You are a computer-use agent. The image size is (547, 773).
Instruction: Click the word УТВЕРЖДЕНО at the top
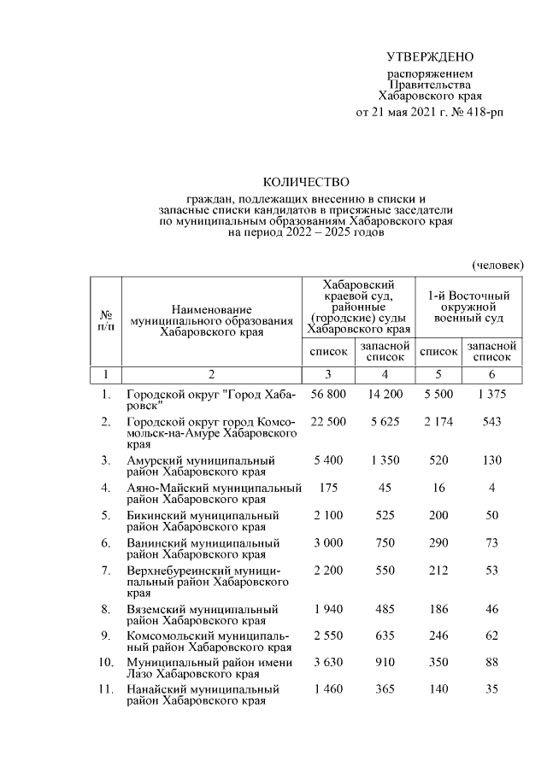[430, 57]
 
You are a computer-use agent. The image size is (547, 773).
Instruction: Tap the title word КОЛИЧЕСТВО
[306, 181]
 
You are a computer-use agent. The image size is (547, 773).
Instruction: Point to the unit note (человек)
[499, 266]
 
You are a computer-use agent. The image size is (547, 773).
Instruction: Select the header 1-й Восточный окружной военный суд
[468, 307]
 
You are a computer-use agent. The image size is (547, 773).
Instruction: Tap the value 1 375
[492, 394]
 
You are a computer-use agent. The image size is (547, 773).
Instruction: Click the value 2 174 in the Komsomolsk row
[438, 422]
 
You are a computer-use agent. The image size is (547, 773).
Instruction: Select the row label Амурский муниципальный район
[201, 466]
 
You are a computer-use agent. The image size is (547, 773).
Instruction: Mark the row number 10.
[105, 662]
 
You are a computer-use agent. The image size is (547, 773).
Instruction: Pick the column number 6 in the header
[492, 374]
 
